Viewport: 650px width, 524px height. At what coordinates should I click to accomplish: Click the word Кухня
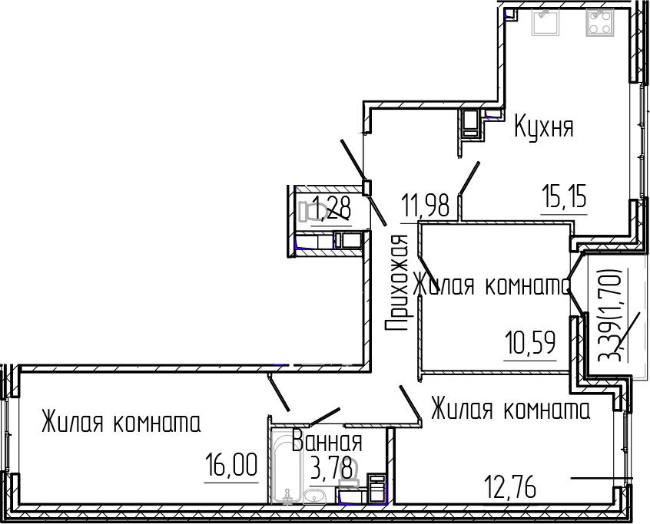[544, 127]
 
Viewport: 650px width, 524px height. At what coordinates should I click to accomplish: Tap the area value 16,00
[230, 466]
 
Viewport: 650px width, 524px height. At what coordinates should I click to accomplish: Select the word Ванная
[327, 442]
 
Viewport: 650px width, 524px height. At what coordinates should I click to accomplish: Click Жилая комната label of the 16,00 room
[121, 423]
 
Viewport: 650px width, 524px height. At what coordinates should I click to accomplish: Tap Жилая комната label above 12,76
[509, 409]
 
